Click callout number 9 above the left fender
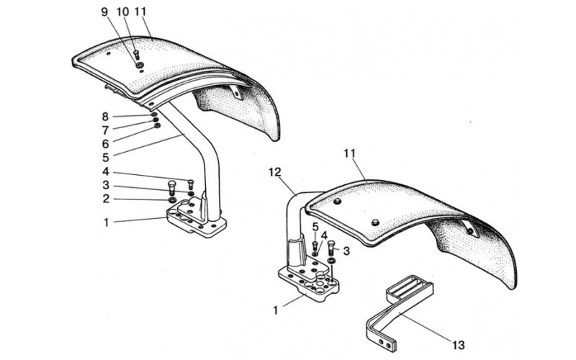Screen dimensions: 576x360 pyautogui.click(x=105, y=12)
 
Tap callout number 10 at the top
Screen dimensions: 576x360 pyautogui.click(x=123, y=12)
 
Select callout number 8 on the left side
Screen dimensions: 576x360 pyautogui.click(x=105, y=117)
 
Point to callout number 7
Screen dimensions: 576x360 pyautogui.click(x=105, y=130)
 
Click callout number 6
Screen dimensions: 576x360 pyautogui.click(x=105, y=143)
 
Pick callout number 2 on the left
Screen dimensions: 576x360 pyautogui.click(x=106, y=199)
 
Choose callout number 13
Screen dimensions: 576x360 pyautogui.click(x=459, y=345)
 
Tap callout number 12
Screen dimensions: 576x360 pyautogui.click(x=274, y=172)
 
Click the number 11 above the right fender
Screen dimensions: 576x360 pyautogui.click(x=350, y=153)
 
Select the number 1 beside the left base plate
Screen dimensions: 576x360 pyautogui.click(x=106, y=222)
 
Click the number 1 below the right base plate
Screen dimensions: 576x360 pyautogui.click(x=276, y=310)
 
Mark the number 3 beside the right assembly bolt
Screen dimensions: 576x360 pyautogui.click(x=346, y=251)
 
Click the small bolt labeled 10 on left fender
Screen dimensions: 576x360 pyautogui.click(x=136, y=55)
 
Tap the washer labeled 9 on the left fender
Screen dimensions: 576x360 pyautogui.click(x=140, y=65)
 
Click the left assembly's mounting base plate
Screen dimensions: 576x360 pyautogui.click(x=196, y=218)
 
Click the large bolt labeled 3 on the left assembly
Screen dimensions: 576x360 pyautogui.click(x=171, y=188)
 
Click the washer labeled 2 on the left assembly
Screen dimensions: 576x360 pyautogui.click(x=172, y=200)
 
